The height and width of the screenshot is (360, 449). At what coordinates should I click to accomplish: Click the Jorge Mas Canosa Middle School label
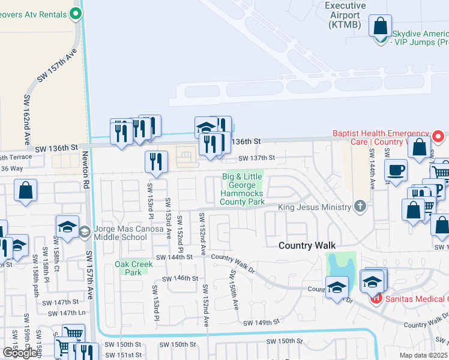(x=120, y=232)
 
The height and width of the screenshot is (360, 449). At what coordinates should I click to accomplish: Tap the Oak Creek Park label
(x=128, y=268)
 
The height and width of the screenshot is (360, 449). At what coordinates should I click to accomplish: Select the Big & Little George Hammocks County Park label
(x=243, y=189)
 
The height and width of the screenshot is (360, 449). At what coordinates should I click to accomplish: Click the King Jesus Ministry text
(x=314, y=208)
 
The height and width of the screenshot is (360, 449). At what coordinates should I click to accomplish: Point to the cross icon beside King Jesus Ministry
(x=360, y=206)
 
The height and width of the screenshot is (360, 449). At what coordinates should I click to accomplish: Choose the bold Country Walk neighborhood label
(x=306, y=246)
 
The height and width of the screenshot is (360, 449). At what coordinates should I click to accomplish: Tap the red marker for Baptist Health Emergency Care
(x=438, y=137)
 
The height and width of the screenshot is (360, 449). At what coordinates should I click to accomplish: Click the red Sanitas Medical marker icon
(x=376, y=298)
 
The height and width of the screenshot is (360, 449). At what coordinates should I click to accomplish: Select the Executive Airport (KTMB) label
(x=346, y=14)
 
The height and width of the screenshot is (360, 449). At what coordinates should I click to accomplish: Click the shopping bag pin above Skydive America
(x=381, y=26)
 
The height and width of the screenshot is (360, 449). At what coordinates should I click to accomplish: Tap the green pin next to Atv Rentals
(x=75, y=13)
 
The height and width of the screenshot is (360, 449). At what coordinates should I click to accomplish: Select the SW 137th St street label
(x=256, y=158)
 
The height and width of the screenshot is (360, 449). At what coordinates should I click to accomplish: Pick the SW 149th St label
(x=261, y=323)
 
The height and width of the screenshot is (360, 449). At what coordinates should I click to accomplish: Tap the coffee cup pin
(x=396, y=170)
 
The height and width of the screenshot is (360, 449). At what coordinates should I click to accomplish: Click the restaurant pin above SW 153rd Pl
(x=156, y=161)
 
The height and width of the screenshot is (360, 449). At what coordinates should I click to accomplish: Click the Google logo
(x=20, y=353)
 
